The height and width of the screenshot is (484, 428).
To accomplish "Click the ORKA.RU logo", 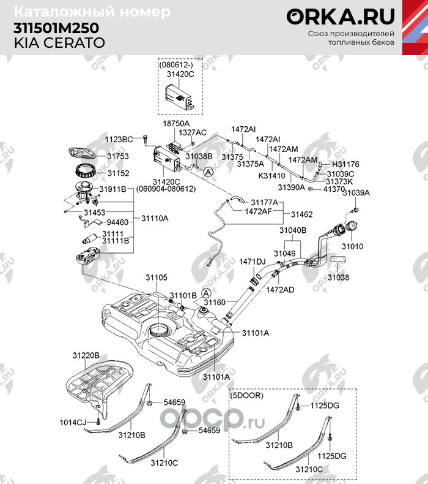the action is tap(341, 17).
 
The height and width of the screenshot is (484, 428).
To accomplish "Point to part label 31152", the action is tap(118, 173).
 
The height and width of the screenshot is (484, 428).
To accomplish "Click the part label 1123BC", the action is tap(118, 140).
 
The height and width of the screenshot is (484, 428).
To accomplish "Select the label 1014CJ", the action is tap(73, 422).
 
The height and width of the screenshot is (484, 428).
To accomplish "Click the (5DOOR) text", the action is tap(247, 396).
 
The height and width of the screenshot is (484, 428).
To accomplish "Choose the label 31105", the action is tap(156, 278).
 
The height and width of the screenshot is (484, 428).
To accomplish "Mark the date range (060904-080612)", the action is tap(166, 189).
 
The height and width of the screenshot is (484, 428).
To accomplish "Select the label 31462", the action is tap(301, 214).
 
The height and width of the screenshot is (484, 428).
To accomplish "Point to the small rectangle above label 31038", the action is tap(338, 262).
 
